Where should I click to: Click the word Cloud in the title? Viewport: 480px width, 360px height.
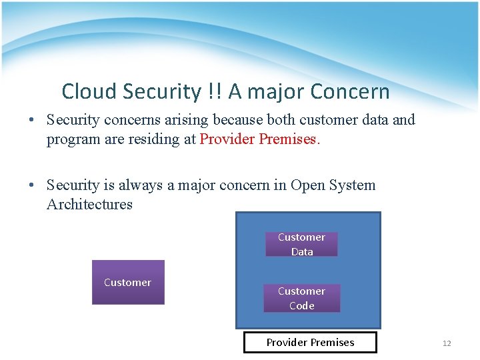[88, 91]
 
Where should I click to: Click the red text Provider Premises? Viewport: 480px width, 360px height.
[260, 139]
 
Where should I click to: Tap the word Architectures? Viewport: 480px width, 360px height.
[89, 205]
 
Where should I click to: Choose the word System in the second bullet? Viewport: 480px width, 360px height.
[353, 185]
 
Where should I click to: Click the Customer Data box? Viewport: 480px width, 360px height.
[301, 244]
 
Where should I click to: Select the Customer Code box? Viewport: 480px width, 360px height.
[301, 298]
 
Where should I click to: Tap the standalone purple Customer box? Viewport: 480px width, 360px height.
[128, 283]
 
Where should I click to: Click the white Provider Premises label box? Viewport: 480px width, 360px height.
[310, 343]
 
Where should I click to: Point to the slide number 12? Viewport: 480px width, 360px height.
[447, 343]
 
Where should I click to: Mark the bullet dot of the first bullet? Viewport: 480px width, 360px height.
[32, 121]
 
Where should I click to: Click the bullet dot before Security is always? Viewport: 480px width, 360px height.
[32, 186]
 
